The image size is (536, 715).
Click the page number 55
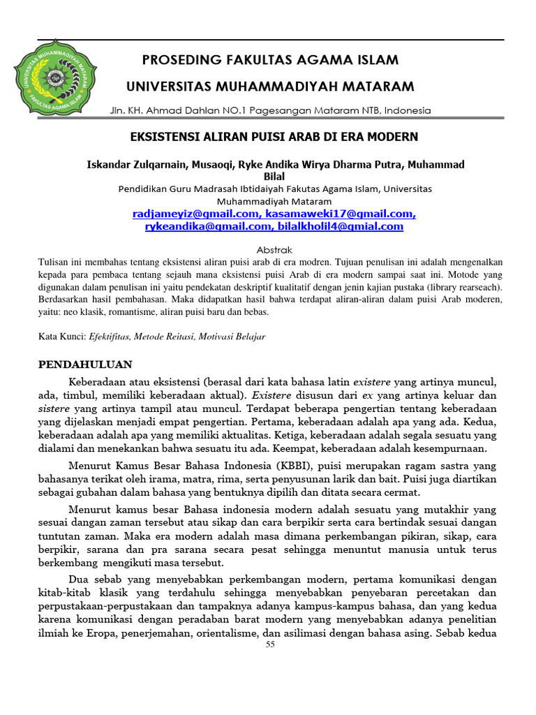tap(271, 645)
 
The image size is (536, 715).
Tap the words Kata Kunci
tap(61, 337)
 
